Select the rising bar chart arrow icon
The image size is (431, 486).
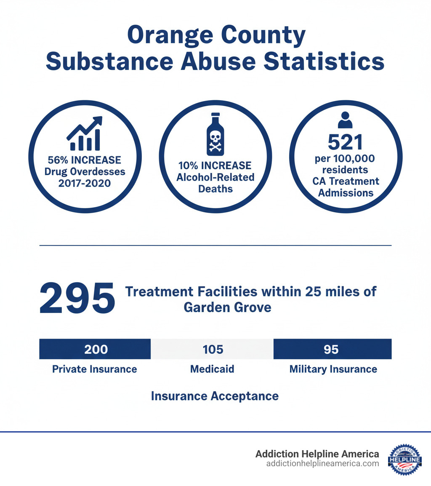pyautogui.click(x=84, y=134)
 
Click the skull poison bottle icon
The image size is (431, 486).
pyautogui.click(x=215, y=134)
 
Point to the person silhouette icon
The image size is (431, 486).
pyautogui.click(x=345, y=120)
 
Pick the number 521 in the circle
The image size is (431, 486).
pyautogui.click(x=345, y=143)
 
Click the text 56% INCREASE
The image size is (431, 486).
pyautogui.click(x=84, y=160)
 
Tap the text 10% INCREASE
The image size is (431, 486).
pyautogui.click(x=215, y=165)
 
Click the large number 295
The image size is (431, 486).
pyautogui.click(x=77, y=298)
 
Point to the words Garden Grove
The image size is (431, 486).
pyautogui.click(x=227, y=307)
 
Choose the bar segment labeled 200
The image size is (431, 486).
pyautogui.click(x=95, y=350)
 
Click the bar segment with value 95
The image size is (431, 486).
pyautogui.click(x=332, y=350)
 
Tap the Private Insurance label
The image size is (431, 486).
pyautogui.click(x=95, y=369)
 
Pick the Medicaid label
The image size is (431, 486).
pyautogui.click(x=212, y=369)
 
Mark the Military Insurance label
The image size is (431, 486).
pyautogui.click(x=333, y=369)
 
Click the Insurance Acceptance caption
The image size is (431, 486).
pyautogui.click(x=215, y=396)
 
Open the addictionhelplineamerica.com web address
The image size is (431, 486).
pyautogui.click(x=322, y=463)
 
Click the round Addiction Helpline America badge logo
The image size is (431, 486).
pyautogui.click(x=404, y=459)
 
